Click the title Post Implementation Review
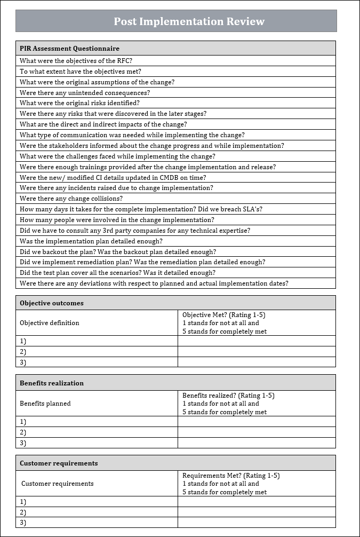(x=189, y=21)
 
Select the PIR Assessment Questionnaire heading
(x=69, y=49)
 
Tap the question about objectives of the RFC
(x=76, y=61)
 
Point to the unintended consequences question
(x=85, y=93)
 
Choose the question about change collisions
(x=71, y=199)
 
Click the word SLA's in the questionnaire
(x=250, y=209)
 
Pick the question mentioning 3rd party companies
(x=135, y=231)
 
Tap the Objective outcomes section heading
(x=52, y=303)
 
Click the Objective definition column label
(x=50, y=323)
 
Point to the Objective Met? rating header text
(x=224, y=315)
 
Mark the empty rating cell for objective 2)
(x=257, y=352)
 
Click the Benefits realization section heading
(x=52, y=383)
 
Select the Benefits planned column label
(x=45, y=404)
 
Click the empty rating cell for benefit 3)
(x=257, y=443)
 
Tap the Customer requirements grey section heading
(x=59, y=463)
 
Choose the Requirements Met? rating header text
(x=231, y=476)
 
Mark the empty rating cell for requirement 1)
(x=257, y=502)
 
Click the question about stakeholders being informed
(x=152, y=146)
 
